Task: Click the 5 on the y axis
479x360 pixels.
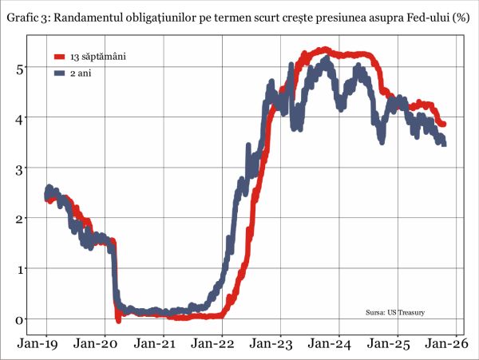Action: coord(22,68)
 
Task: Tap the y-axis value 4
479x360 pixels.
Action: coord(22,118)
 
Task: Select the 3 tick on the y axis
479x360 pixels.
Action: coord(22,168)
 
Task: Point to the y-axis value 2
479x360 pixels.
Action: coord(22,219)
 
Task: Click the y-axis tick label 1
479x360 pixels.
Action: coord(22,269)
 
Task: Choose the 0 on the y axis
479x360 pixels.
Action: coord(22,319)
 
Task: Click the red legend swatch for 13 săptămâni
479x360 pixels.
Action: coord(58,57)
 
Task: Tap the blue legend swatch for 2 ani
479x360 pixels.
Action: coord(58,73)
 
